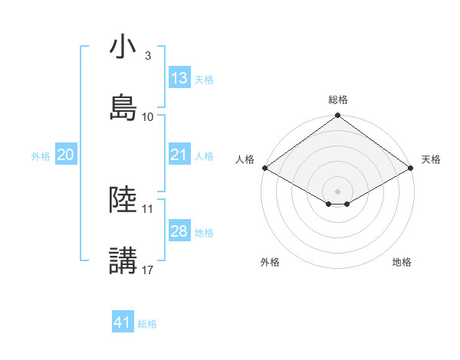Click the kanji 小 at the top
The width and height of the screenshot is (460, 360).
click(123, 48)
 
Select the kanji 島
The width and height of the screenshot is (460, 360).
click(123, 107)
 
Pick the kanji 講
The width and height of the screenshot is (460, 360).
click(123, 260)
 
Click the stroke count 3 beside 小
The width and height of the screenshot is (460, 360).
click(147, 56)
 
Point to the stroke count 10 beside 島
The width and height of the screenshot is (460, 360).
click(148, 116)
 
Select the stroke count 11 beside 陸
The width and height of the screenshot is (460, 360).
click(148, 208)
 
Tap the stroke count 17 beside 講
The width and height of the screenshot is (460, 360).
click(148, 270)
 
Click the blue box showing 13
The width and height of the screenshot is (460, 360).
click(179, 78)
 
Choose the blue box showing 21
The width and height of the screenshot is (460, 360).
click(179, 155)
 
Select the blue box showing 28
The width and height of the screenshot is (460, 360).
click(179, 231)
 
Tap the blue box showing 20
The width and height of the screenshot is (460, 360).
click(66, 155)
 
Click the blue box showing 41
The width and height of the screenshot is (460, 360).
click(123, 322)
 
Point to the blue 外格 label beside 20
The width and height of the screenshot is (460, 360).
click(41, 155)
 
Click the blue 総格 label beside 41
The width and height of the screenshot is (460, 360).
click(147, 324)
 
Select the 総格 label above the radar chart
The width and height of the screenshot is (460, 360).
click(338, 100)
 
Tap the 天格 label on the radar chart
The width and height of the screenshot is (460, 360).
click(431, 159)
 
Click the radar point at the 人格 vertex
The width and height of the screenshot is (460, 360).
click(264, 168)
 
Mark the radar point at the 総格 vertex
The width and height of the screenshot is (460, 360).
click(338, 116)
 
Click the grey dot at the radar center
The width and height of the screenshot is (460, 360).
click(338, 190)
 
